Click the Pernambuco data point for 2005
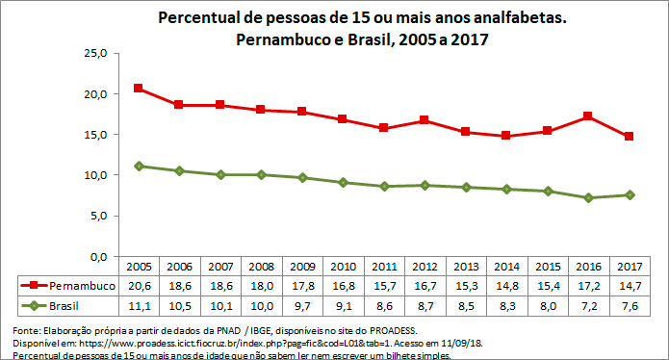[x=139, y=89]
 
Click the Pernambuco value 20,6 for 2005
[x=139, y=286]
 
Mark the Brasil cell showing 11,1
[x=139, y=305]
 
